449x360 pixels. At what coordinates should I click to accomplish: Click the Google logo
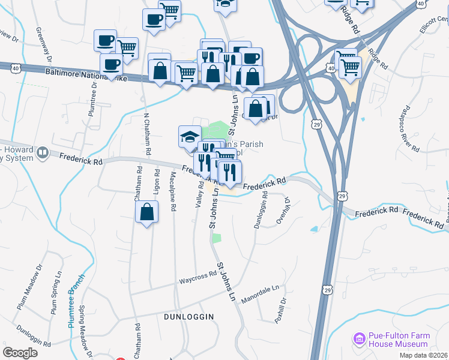tap(20, 353)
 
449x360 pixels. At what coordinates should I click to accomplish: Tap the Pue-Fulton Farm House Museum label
tap(399, 340)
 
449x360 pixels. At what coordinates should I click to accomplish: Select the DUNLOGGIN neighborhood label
tap(190, 316)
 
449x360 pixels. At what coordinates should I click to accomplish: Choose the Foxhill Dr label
tap(280, 311)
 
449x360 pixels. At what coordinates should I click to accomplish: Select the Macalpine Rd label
tap(173, 191)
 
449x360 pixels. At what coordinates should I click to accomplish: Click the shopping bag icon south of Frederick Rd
tap(147, 212)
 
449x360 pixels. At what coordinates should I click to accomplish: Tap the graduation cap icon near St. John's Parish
tap(190, 136)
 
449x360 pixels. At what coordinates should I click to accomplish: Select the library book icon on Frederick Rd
tap(43, 154)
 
